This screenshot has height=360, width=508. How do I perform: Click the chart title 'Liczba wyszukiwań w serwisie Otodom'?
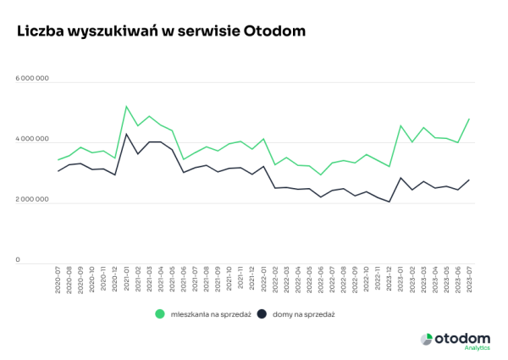click(x=161, y=30)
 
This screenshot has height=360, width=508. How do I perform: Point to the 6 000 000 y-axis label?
click(x=32, y=79)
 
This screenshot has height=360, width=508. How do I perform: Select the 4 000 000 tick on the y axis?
click(x=32, y=140)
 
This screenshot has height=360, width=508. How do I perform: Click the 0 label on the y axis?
click(x=18, y=261)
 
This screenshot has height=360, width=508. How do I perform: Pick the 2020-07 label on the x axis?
click(x=58, y=279)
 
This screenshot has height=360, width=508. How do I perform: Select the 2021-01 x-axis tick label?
click(x=126, y=279)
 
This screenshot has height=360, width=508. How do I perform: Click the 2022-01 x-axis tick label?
click(x=263, y=279)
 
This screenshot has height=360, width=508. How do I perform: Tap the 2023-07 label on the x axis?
click(x=469, y=279)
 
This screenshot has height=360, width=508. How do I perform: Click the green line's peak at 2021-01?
click(x=126, y=107)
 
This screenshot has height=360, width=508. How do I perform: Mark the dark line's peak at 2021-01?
click(x=126, y=134)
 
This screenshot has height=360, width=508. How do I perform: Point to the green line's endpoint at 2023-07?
click(x=469, y=119)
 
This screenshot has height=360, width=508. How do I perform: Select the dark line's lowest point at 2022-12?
click(x=389, y=202)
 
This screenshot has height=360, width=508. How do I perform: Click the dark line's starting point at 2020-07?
click(x=58, y=171)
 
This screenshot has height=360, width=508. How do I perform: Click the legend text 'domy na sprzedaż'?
click(x=302, y=314)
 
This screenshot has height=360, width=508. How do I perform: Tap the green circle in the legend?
click(x=159, y=314)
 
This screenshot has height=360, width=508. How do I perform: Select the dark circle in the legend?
click(x=262, y=314)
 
